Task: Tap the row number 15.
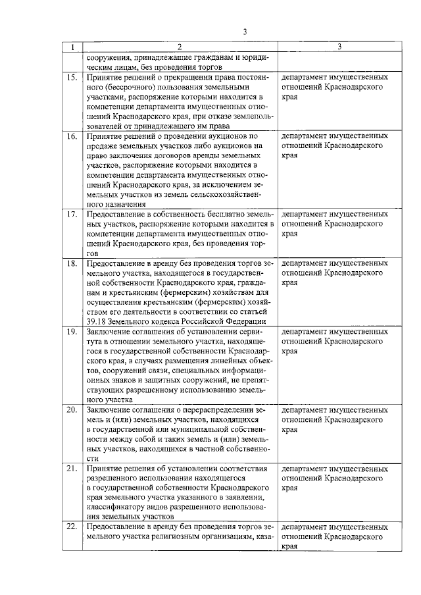72,78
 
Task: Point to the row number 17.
72,215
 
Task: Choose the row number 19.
72,332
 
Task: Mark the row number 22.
72,528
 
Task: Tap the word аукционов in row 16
214,136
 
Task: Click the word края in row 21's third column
289,488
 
